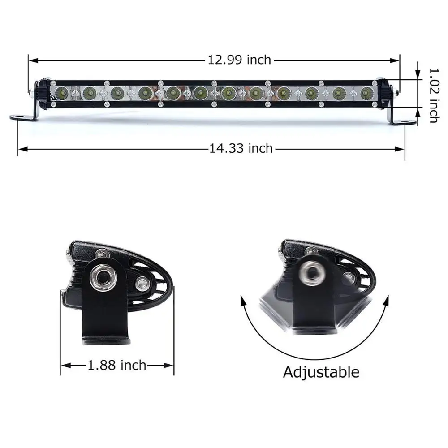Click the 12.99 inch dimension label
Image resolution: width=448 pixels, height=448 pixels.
click(x=239, y=59)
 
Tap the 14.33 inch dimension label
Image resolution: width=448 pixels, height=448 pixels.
click(x=241, y=148)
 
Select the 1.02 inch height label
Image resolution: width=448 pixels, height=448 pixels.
click(x=433, y=95)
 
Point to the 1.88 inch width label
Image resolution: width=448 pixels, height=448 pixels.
click(x=117, y=365)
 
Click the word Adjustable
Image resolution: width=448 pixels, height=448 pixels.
click(x=321, y=372)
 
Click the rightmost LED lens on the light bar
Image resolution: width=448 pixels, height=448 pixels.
click(x=366, y=93)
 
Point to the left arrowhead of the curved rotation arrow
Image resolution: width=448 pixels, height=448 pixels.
click(x=244, y=300)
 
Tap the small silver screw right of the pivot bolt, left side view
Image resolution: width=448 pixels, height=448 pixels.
click(x=142, y=283)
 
